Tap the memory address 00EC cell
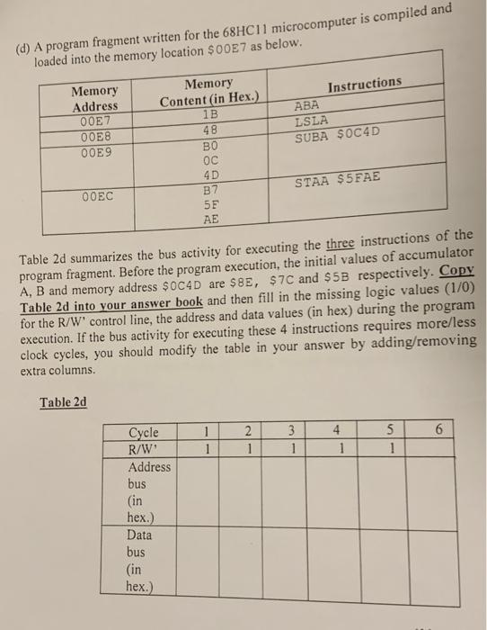96,195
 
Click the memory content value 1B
209,113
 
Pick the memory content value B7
210,190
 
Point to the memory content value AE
210,219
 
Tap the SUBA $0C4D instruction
337,135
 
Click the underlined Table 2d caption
63,401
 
